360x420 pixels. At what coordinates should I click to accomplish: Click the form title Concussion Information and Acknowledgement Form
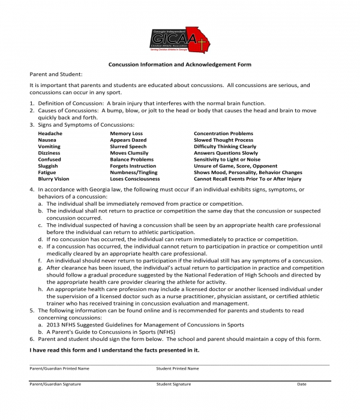179,64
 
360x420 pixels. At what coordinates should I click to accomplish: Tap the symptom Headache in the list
50,133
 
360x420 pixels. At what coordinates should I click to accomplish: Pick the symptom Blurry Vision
53,179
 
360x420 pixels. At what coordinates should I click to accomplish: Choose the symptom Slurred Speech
128,146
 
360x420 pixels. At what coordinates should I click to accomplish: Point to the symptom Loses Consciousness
134,179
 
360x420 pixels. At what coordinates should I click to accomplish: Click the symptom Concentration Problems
223,133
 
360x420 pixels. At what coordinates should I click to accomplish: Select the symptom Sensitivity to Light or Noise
227,160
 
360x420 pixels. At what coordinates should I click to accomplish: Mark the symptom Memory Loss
126,133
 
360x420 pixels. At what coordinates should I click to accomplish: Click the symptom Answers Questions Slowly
226,153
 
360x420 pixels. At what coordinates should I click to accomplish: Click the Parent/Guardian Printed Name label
59,368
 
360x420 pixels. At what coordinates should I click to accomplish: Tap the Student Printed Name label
178,368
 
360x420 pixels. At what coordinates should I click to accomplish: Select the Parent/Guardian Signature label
55,383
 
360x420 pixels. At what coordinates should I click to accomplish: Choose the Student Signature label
173,383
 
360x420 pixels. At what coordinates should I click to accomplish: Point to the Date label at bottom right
301,383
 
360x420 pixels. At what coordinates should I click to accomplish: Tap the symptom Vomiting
49,146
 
